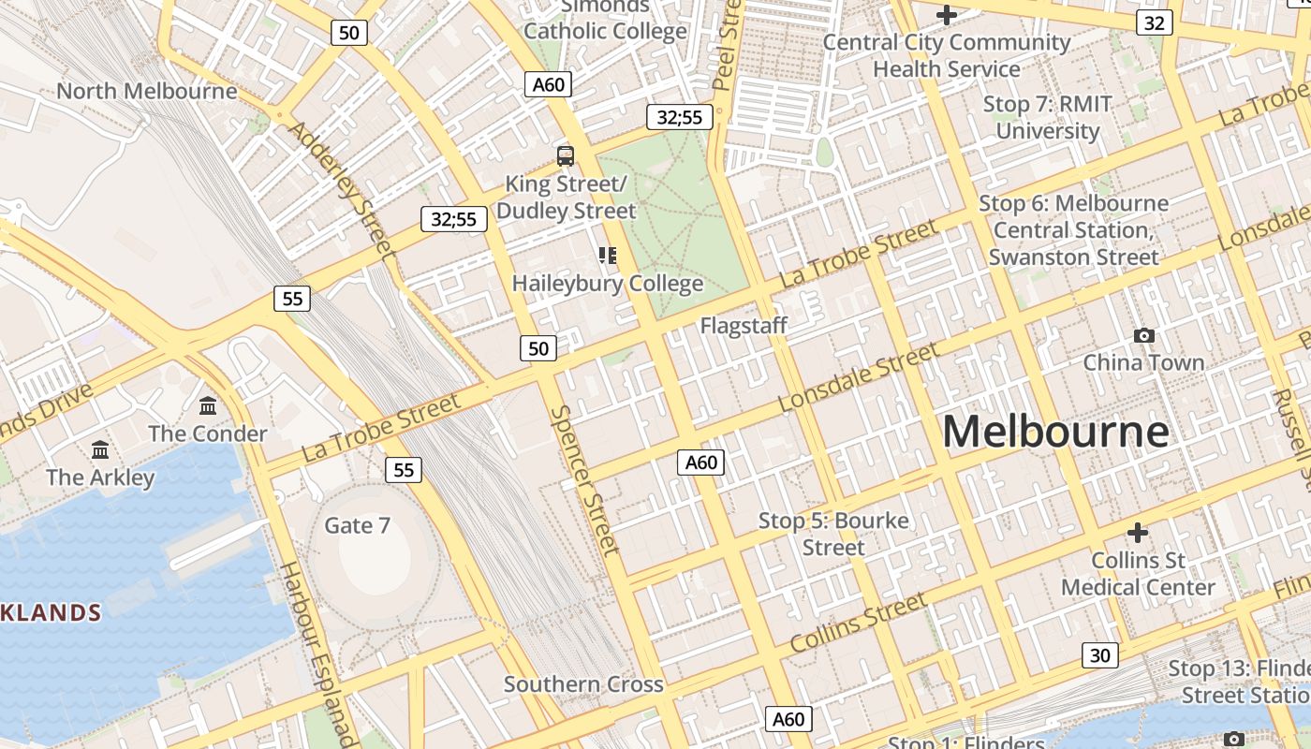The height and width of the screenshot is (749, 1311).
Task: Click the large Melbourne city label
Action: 1055,432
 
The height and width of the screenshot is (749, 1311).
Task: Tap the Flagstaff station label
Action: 744,326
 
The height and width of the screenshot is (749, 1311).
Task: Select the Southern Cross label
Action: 583,684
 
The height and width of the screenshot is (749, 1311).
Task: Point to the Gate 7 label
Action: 357,525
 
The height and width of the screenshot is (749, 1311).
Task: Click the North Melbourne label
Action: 147,91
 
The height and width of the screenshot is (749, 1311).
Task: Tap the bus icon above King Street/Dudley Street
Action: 566,156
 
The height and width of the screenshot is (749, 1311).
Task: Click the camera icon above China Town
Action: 1143,335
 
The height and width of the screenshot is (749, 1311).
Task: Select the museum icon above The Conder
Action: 208,406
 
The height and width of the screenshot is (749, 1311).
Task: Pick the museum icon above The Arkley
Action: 100,449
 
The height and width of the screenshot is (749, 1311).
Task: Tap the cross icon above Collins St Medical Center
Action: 1138,533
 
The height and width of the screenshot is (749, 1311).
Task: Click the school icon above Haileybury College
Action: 608,255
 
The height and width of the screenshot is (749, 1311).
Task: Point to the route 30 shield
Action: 1099,655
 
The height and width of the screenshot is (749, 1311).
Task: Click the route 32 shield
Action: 1154,22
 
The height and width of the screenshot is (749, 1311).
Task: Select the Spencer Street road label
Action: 585,480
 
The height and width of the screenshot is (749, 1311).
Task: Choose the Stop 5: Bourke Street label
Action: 833,534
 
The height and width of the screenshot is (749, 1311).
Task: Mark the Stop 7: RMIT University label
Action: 1047,117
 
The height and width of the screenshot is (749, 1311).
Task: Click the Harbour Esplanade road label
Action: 317,654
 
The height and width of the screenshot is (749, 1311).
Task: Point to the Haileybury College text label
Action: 608,283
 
